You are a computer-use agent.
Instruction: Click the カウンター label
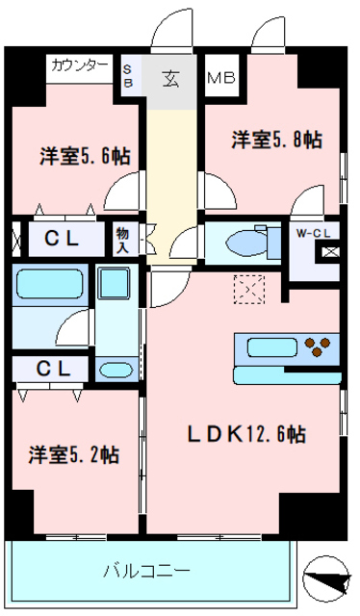pyautogui.click(x=79, y=65)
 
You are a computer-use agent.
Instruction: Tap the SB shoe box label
pyautogui.click(x=128, y=75)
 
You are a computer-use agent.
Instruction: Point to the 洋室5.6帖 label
pyautogui.click(x=86, y=154)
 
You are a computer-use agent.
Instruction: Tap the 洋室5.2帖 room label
pyautogui.click(x=73, y=453)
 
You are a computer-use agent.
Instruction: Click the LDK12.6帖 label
pyautogui.click(x=245, y=435)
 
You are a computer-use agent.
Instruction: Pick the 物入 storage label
pyautogui.click(x=123, y=239)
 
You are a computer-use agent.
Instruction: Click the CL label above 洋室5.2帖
pyautogui.click(x=53, y=369)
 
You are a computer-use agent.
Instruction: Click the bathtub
pyautogui.click(x=51, y=286)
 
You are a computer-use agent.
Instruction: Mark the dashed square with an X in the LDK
pyautogui.click(x=252, y=288)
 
